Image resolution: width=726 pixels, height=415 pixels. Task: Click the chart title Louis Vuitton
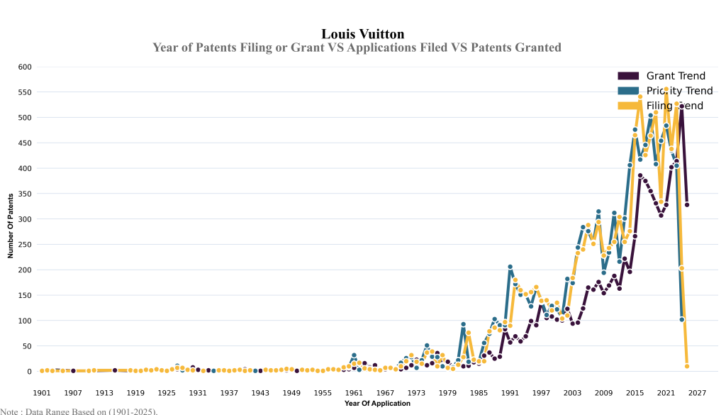point(363,33)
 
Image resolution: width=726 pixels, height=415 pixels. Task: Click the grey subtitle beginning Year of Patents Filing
point(357,48)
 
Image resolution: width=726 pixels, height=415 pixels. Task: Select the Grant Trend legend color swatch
point(629,76)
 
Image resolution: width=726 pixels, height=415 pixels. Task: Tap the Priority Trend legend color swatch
point(629,91)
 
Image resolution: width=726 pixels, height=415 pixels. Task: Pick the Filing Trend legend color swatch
point(629,106)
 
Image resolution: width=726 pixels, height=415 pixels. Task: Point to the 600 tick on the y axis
point(25,67)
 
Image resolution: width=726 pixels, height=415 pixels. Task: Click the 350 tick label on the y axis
point(25,194)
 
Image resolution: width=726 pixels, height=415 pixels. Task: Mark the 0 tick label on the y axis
point(30,371)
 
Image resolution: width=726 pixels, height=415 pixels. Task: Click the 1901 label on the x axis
point(42,392)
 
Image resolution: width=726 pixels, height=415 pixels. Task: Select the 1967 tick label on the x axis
point(385,392)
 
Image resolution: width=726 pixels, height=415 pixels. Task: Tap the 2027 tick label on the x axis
point(697,392)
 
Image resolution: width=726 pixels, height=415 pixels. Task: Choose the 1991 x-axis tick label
point(510,392)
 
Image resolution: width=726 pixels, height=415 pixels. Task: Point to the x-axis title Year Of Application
point(377,403)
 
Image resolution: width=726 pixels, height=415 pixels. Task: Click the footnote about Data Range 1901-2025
point(79,411)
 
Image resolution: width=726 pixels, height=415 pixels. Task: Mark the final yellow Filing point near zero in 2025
point(687,366)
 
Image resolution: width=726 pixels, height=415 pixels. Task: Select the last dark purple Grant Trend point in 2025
point(687,205)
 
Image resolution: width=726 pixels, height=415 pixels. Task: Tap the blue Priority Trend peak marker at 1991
point(510,267)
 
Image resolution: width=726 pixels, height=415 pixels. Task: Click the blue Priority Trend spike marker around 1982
point(463,324)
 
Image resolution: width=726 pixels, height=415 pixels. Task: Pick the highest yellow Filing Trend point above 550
point(666,89)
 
